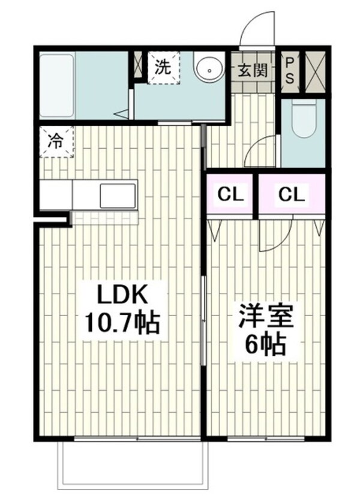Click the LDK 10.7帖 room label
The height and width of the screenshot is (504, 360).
pyautogui.click(x=122, y=310)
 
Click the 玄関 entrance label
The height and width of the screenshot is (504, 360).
pyautogui.click(x=252, y=70)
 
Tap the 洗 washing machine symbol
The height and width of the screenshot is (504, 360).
pyautogui.click(x=163, y=67)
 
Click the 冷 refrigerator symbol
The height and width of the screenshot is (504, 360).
pyautogui.click(x=56, y=142)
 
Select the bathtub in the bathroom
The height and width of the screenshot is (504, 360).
pyautogui.click(x=57, y=85)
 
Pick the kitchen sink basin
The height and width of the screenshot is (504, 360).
pyautogui.click(x=117, y=195)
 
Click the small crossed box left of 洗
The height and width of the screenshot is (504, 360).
pyautogui.click(x=138, y=65)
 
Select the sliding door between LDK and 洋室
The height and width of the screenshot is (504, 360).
pyautogui.click(x=203, y=321)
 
